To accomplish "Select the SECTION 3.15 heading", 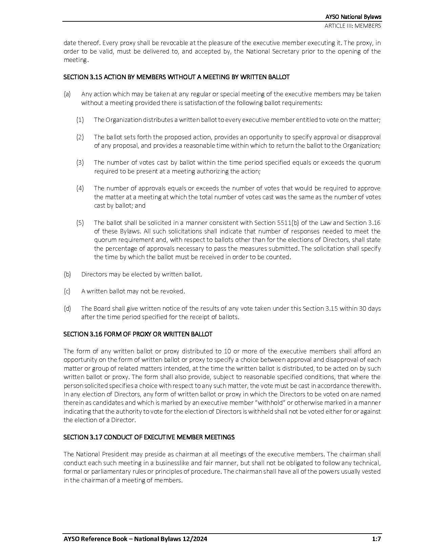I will pyautogui.click(x=177, y=77).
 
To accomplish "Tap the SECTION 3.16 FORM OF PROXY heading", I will pyautogui.click(x=138, y=334).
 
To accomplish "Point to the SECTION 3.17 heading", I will pyautogui.click(x=149, y=437).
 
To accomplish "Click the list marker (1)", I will pyautogui.click(x=80, y=120).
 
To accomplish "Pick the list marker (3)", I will pyautogui.click(x=80, y=163).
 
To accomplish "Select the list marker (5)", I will pyautogui.click(x=80, y=223).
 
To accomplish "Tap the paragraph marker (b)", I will pyautogui.click(x=67, y=274).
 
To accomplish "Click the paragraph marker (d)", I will pyautogui.click(x=67, y=309).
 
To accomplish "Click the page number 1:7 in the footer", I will pyautogui.click(x=376, y=539).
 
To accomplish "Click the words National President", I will pyautogui.click(x=97, y=454).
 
